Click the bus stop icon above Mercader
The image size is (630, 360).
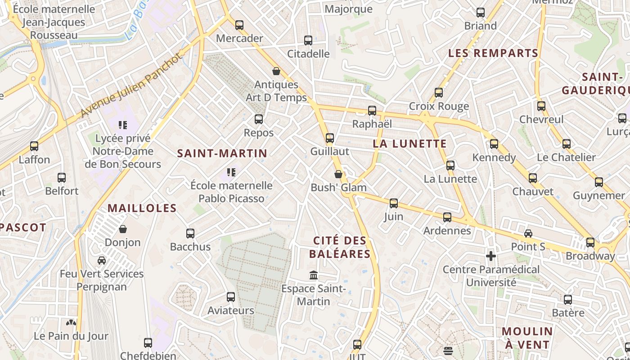click(x=239, y=25)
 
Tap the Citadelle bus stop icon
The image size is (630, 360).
click(x=308, y=40)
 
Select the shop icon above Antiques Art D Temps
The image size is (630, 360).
click(x=276, y=71)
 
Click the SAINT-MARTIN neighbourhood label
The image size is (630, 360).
click(x=222, y=153)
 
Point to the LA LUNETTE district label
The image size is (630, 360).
click(x=410, y=144)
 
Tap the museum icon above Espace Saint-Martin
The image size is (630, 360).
click(x=314, y=275)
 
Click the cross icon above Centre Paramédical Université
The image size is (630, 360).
click(x=491, y=256)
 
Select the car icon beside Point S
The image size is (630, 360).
click(x=528, y=234)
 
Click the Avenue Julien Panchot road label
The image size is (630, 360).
click(x=132, y=85)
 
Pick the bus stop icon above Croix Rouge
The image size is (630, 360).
click(x=439, y=93)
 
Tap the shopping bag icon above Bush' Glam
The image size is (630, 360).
click(x=338, y=174)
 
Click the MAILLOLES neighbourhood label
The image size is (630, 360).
click(x=142, y=208)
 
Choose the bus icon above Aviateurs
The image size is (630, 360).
click(x=231, y=297)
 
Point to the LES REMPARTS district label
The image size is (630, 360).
click(x=493, y=53)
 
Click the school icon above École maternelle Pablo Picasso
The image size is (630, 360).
click(x=231, y=172)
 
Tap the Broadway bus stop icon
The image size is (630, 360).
click(x=590, y=243)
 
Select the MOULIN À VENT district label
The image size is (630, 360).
click(x=527, y=338)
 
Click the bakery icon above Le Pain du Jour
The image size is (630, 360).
click(x=71, y=323)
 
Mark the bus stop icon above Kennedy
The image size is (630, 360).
click(x=494, y=144)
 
